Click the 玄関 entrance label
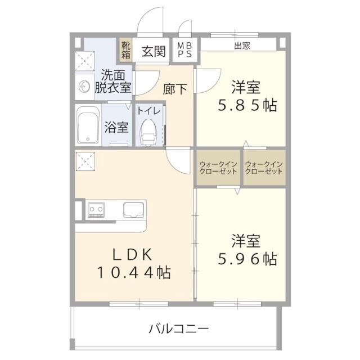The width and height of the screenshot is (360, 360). (x=153, y=52)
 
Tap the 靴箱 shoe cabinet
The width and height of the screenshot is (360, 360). (x=124, y=49)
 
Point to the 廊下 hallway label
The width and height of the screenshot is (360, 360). (x=174, y=89)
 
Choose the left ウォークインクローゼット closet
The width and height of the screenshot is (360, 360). (x=218, y=168)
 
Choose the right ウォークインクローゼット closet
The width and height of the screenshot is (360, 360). (x=264, y=168)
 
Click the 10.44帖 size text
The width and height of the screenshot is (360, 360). (x=134, y=273)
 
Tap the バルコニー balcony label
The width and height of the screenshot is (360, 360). (x=179, y=328)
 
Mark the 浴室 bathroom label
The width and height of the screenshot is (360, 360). (x=116, y=127)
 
